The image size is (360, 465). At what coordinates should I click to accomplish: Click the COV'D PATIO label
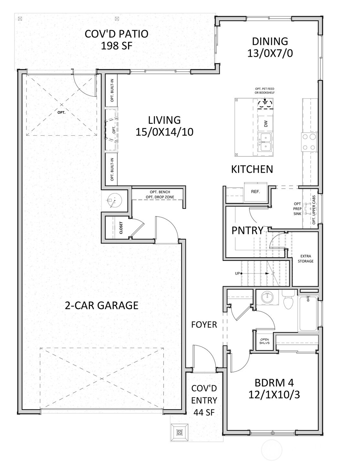(x=116, y=34)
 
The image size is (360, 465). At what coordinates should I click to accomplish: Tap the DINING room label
(x=270, y=41)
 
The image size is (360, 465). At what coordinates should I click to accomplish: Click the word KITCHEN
(x=252, y=169)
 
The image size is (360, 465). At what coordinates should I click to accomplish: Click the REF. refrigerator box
(x=255, y=191)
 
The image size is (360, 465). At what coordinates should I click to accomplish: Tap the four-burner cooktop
(x=309, y=142)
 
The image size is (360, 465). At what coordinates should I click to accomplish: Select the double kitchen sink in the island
(x=265, y=142)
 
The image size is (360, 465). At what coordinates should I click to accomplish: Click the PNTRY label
(x=247, y=231)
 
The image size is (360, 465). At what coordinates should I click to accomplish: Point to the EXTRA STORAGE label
(x=305, y=259)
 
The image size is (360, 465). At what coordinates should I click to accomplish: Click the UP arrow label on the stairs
(x=238, y=274)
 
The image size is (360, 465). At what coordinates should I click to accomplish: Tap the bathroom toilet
(x=288, y=300)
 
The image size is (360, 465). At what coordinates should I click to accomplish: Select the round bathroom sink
(x=267, y=297)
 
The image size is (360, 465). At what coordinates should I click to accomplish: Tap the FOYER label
(x=204, y=325)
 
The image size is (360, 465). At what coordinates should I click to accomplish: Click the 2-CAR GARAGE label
(x=101, y=305)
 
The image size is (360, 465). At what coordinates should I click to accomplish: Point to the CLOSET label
(x=121, y=228)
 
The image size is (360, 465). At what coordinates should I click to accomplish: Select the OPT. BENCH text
(x=160, y=192)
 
